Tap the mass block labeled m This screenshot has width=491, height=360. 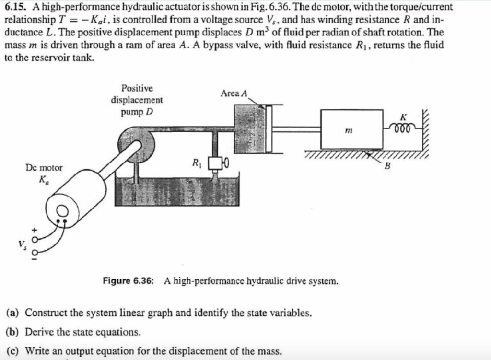351,129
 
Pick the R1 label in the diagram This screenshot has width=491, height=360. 196,161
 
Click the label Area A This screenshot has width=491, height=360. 234,93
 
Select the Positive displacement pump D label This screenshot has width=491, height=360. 137,100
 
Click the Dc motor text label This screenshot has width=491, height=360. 44,168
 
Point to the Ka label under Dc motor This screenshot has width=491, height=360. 44,180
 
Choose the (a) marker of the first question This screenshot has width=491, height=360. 12,313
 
